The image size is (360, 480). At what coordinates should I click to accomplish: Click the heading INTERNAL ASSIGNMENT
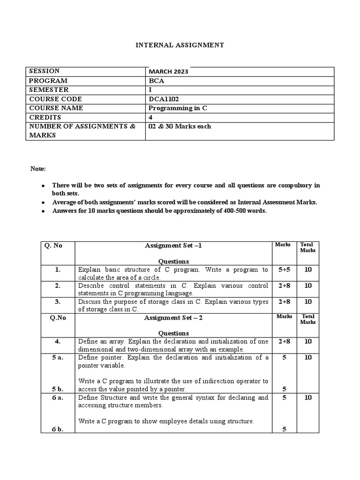[x=180, y=45]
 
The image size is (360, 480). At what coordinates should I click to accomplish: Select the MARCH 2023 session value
[x=169, y=72]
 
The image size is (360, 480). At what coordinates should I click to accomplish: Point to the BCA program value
[x=155, y=81]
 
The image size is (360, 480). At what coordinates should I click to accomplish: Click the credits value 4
[x=150, y=117]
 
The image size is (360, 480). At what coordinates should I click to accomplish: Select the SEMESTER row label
[x=49, y=90]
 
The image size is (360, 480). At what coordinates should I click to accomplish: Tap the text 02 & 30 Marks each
[x=180, y=127]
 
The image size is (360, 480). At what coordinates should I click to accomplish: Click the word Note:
[x=38, y=169]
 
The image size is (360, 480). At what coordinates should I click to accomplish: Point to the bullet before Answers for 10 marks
[x=43, y=211]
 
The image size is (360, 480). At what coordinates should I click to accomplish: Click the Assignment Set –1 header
[x=173, y=245]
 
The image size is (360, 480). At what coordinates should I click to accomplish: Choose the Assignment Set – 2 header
[x=173, y=317]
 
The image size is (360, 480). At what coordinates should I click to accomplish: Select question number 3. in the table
[x=58, y=301]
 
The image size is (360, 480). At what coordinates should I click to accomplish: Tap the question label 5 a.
[x=58, y=358]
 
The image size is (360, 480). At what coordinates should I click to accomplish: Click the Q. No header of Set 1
[x=53, y=245]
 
